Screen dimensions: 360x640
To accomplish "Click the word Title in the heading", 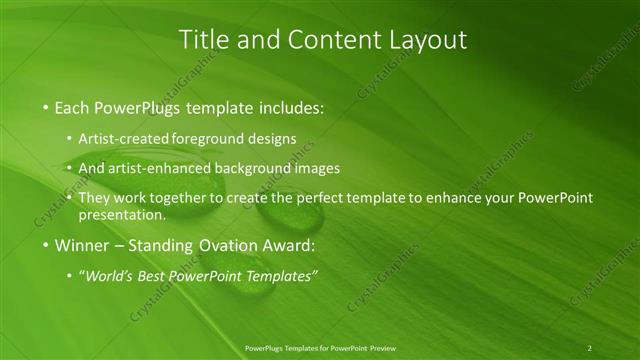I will tap(203, 40).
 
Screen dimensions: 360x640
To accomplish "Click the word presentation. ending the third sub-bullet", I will tap(122, 214).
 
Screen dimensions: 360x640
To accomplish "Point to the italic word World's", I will tap(107, 276).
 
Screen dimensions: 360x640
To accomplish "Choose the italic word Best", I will tap(151, 276).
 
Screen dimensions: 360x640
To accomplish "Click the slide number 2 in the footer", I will tap(589, 348).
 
